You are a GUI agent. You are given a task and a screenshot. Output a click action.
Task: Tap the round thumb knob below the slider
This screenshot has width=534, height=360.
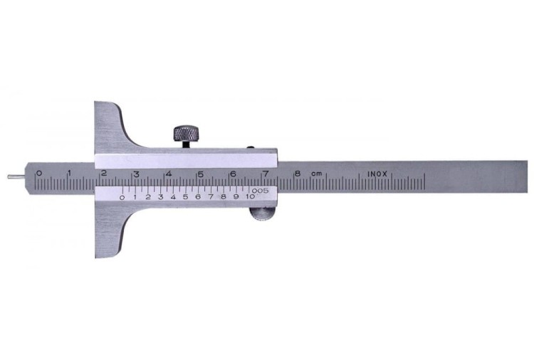[x=262, y=214]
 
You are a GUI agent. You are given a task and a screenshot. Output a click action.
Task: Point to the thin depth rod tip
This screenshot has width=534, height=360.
[x=8, y=176]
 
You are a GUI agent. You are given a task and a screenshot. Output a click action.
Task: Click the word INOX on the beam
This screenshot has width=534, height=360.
[x=377, y=174]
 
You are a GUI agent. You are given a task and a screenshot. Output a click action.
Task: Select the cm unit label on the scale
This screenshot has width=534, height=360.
[x=316, y=174]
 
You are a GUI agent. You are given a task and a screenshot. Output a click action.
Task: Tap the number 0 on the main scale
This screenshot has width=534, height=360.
[x=39, y=173]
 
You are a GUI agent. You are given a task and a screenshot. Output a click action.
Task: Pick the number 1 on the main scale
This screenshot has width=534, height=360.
[x=70, y=173]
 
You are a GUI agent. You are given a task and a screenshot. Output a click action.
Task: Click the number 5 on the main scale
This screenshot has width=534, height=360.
[x=201, y=174]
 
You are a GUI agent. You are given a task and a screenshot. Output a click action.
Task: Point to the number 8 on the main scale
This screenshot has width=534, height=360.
[x=298, y=173]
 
